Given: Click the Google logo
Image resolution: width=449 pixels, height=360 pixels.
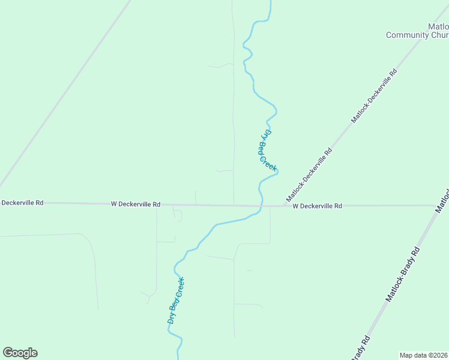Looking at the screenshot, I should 20,353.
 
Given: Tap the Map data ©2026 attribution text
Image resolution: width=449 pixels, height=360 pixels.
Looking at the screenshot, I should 423,355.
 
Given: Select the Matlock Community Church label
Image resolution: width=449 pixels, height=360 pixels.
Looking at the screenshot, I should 418,31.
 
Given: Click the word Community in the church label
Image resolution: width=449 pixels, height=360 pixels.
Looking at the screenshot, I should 408,35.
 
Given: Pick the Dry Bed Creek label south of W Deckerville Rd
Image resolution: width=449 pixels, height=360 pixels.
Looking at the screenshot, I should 175,301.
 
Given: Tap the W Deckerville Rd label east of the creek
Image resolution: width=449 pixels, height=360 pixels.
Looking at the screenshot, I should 317,206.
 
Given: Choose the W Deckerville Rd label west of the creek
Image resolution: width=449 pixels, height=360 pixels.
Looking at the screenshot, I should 136,204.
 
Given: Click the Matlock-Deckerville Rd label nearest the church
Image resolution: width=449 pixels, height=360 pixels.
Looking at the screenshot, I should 374,96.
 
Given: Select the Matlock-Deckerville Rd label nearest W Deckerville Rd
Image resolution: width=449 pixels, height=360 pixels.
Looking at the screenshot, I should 309,175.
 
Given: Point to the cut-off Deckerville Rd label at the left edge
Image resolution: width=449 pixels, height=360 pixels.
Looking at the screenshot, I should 22,203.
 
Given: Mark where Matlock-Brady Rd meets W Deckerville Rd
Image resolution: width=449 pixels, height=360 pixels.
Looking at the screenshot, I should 437,206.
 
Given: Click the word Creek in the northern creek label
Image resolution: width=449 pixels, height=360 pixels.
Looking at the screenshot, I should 271,161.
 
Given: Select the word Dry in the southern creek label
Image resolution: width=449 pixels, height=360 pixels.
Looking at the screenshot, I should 171,318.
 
